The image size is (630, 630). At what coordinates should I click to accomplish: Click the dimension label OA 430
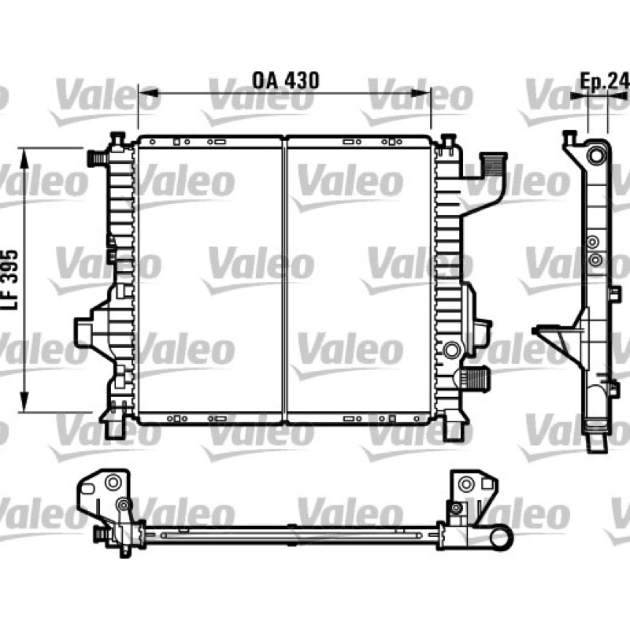click(x=286, y=80)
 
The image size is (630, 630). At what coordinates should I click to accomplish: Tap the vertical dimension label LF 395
click(x=11, y=280)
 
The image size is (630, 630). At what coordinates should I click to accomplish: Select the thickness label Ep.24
click(x=605, y=82)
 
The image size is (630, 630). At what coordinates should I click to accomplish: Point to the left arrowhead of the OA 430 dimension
click(x=148, y=93)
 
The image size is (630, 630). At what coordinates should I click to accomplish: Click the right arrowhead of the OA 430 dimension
click(x=421, y=93)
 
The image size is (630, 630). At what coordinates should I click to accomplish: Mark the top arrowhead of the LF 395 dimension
click(x=24, y=157)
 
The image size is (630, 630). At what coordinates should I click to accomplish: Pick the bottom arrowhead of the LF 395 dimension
click(x=24, y=402)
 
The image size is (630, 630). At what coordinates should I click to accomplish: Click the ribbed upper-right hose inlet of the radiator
click(x=494, y=165)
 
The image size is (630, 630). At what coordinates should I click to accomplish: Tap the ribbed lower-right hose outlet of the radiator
click(x=476, y=379)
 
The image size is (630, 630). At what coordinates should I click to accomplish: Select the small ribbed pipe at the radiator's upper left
click(x=96, y=158)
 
